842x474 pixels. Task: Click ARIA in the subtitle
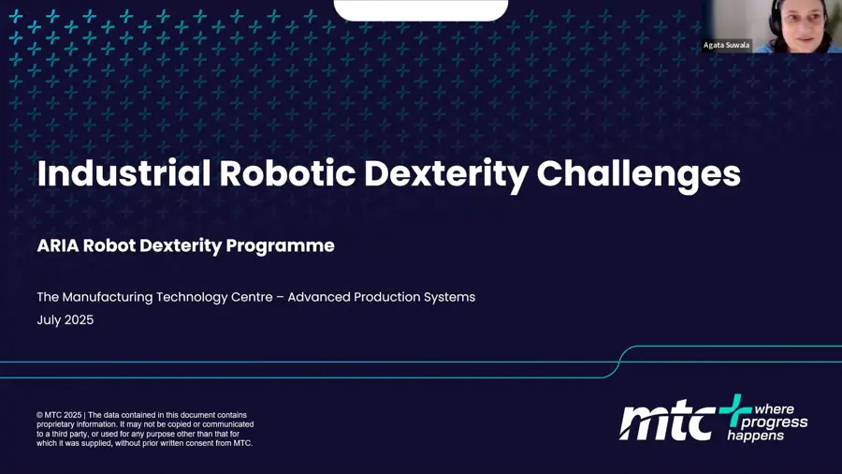pos(57,245)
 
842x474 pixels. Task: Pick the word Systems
pos(448,297)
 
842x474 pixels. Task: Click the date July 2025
pos(65,319)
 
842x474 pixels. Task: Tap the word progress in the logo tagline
pos(780,422)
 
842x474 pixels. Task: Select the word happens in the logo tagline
pos(756,436)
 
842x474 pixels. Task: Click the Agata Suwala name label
pos(727,45)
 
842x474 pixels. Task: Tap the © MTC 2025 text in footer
pos(59,415)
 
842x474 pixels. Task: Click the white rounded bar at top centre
pos(421,9)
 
